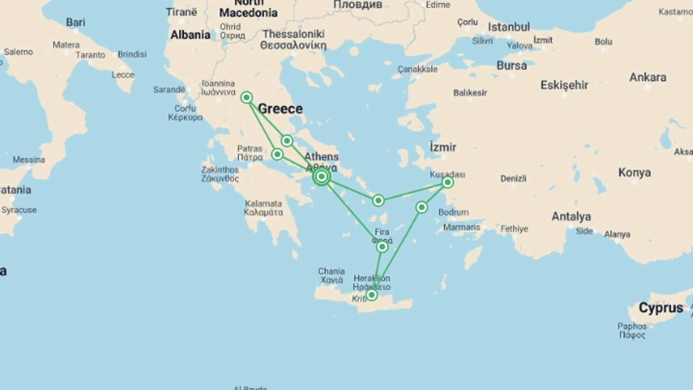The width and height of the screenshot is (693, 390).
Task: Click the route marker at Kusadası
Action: [448, 182]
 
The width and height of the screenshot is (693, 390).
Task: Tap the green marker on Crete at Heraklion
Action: [371, 295]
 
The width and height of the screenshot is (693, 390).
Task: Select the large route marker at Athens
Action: [322, 177]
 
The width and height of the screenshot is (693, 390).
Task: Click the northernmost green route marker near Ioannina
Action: [247, 97]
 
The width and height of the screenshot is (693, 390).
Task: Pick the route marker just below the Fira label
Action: [382, 247]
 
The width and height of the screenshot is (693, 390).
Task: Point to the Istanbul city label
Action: [509, 27]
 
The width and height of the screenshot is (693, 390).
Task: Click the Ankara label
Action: [648, 77]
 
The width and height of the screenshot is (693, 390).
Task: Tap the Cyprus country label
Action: [661, 308]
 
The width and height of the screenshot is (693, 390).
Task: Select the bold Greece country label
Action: [280, 109]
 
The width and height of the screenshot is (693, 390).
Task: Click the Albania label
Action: [190, 35]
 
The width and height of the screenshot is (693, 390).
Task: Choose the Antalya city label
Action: [571, 217]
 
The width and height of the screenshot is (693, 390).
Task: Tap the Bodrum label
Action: [454, 212]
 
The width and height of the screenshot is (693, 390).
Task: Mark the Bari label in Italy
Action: [76, 22]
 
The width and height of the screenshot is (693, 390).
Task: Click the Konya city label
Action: [635, 173]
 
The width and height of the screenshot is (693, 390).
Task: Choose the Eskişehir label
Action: [564, 85]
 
